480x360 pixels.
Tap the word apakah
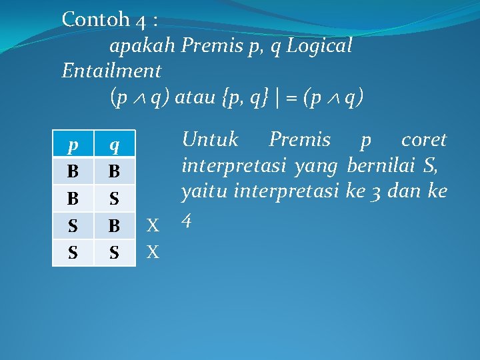point(142,46)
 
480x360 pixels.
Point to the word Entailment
point(111,70)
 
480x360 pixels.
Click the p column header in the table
point(73,145)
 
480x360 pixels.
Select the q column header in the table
point(114,145)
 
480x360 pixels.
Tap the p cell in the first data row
point(73,171)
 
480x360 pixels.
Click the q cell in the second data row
point(114,199)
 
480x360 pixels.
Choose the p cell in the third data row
point(73,225)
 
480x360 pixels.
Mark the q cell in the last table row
point(114,253)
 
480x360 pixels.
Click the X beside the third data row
point(153,226)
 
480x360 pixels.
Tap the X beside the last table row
point(153,253)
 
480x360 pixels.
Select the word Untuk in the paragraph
point(210,140)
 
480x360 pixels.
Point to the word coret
point(423,140)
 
